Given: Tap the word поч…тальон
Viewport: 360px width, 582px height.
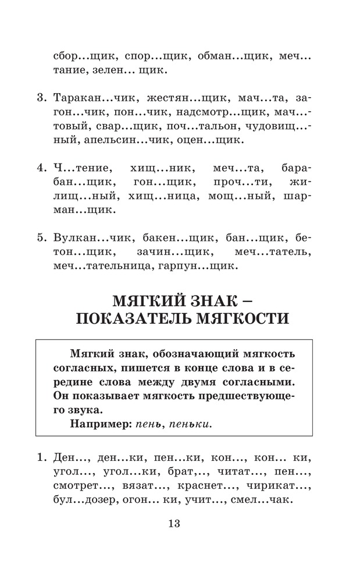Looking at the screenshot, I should (x=184, y=126).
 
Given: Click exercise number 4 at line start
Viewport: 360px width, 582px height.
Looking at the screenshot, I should (x=41, y=168).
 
